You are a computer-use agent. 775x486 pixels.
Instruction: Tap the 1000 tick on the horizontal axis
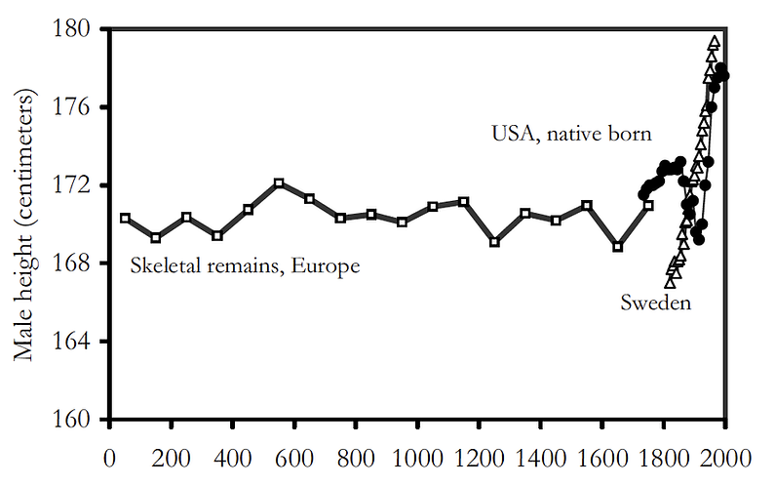coord(417,456)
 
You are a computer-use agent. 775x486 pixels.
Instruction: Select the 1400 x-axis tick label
coord(540,456)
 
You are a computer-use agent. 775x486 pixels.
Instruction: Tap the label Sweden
coord(656,303)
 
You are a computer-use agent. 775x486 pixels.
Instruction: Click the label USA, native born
coord(571,134)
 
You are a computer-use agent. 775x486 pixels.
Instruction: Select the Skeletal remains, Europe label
coord(245,264)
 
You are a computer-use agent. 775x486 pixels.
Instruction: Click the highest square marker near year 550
coord(279,183)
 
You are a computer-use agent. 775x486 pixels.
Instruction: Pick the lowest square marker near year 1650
coord(617,247)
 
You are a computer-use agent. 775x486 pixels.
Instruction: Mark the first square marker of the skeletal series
coord(125,219)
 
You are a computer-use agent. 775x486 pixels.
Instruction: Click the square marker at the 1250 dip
coord(494,241)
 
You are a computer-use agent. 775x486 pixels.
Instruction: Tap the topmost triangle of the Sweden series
coord(715,41)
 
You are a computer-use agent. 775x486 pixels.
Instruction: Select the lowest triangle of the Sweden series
coord(671,282)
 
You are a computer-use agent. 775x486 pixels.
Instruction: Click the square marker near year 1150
coord(464,202)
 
